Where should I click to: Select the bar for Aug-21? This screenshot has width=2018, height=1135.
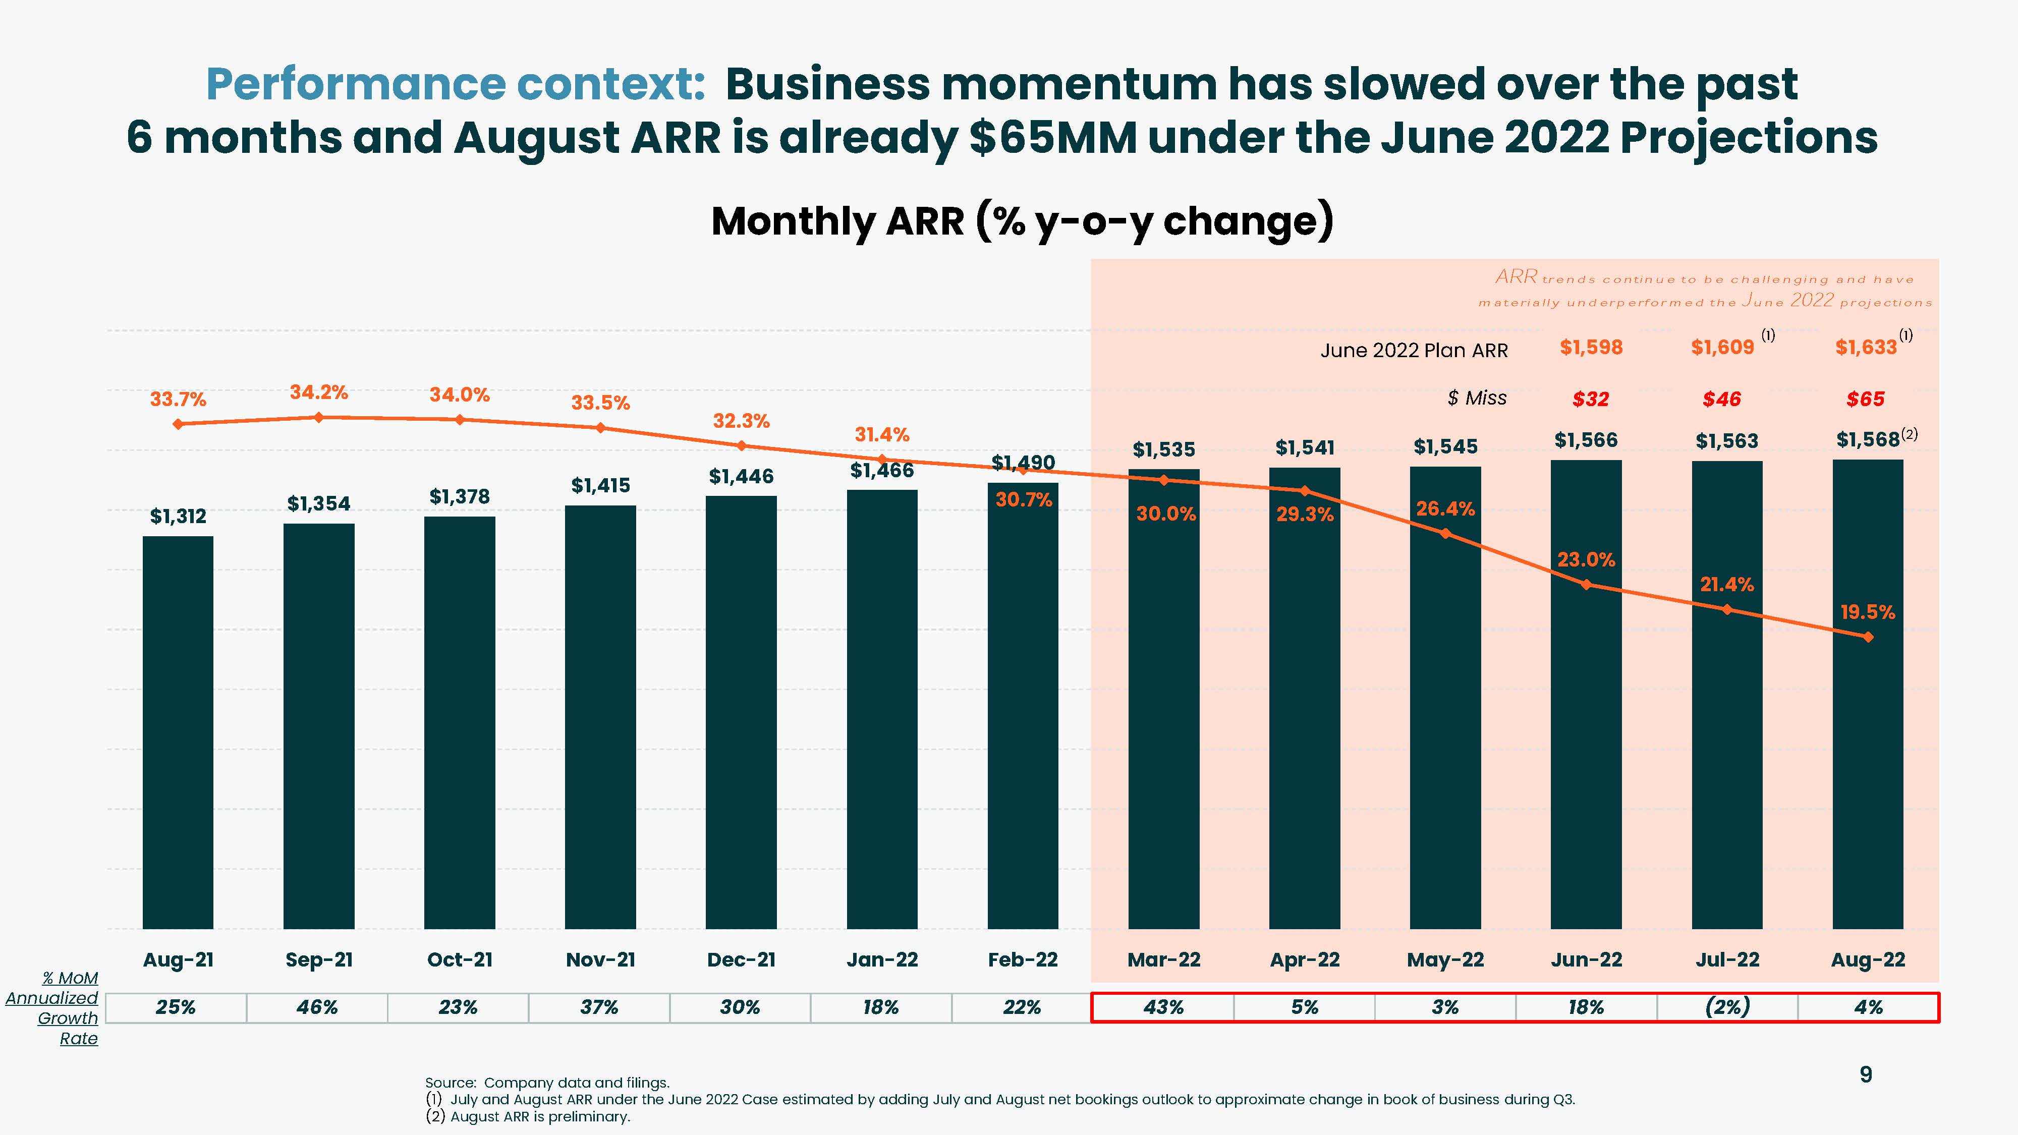178,732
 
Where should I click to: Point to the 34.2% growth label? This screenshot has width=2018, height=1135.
319,392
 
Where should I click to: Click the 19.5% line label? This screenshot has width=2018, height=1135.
1868,612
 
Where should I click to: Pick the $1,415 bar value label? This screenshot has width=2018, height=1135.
600,486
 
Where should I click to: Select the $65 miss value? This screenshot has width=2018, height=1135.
1865,400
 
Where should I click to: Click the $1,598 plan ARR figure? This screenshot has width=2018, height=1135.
1591,347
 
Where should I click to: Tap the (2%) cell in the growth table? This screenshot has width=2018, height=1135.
1727,1007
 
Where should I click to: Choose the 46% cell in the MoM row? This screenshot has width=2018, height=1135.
317,1007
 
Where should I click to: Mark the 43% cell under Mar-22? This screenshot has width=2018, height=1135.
1163,1007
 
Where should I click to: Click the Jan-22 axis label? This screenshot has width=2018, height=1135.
882,959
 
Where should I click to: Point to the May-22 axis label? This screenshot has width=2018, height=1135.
1445,959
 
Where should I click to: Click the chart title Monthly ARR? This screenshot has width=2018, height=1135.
1022,221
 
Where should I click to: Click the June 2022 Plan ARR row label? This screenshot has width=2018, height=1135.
1414,350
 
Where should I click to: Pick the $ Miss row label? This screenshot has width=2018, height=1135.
1477,398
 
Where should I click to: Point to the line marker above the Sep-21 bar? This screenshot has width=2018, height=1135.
319,418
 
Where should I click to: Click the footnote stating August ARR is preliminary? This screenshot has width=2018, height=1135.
528,1117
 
